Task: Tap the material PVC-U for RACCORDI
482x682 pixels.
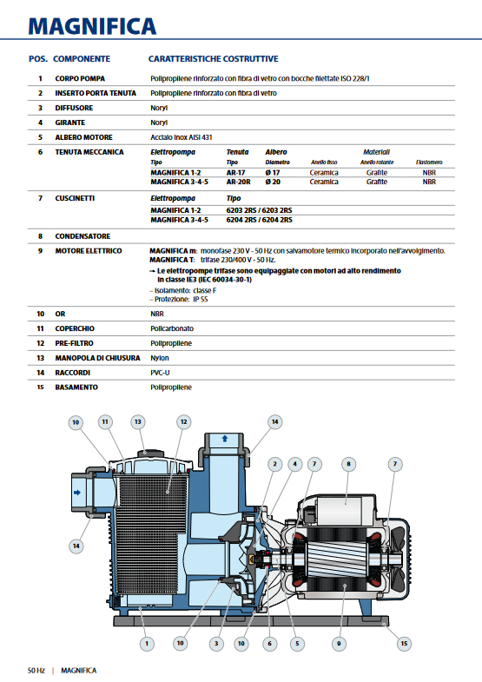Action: [x=162, y=372]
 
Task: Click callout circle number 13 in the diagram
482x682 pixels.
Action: [x=137, y=421]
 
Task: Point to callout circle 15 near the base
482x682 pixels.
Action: [x=403, y=643]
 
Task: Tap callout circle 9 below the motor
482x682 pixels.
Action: [x=340, y=643]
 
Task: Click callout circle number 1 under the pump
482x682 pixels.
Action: [x=146, y=643]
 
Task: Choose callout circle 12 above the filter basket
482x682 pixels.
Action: [x=183, y=421]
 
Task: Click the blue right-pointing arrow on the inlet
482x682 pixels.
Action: [x=76, y=492]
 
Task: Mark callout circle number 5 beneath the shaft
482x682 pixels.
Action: [x=298, y=643]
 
